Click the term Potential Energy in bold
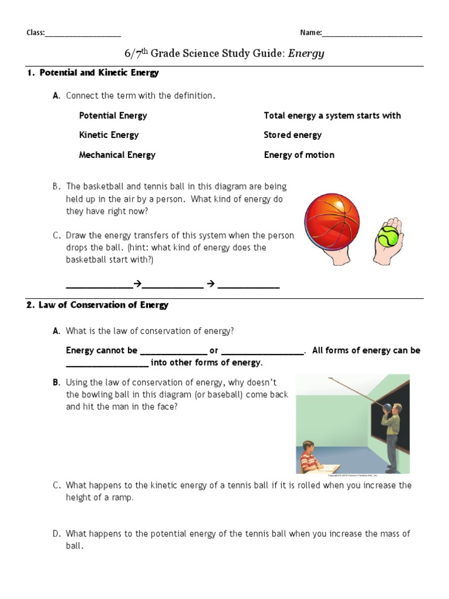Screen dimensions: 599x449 click(x=113, y=116)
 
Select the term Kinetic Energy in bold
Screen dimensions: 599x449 click(x=109, y=135)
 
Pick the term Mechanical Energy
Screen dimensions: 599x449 click(x=117, y=155)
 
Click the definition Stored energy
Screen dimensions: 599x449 click(x=292, y=135)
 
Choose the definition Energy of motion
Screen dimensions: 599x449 click(x=299, y=155)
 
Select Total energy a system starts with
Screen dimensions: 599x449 click(x=332, y=116)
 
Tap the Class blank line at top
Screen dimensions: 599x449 click(x=83, y=34)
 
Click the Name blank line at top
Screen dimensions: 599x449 click(x=372, y=34)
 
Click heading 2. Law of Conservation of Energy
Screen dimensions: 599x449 click(x=98, y=305)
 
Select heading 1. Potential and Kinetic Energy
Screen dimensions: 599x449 click(x=93, y=73)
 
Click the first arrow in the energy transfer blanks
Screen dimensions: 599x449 click(x=137, y=284)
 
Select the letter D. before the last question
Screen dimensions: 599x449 click(x=57, y=533)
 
